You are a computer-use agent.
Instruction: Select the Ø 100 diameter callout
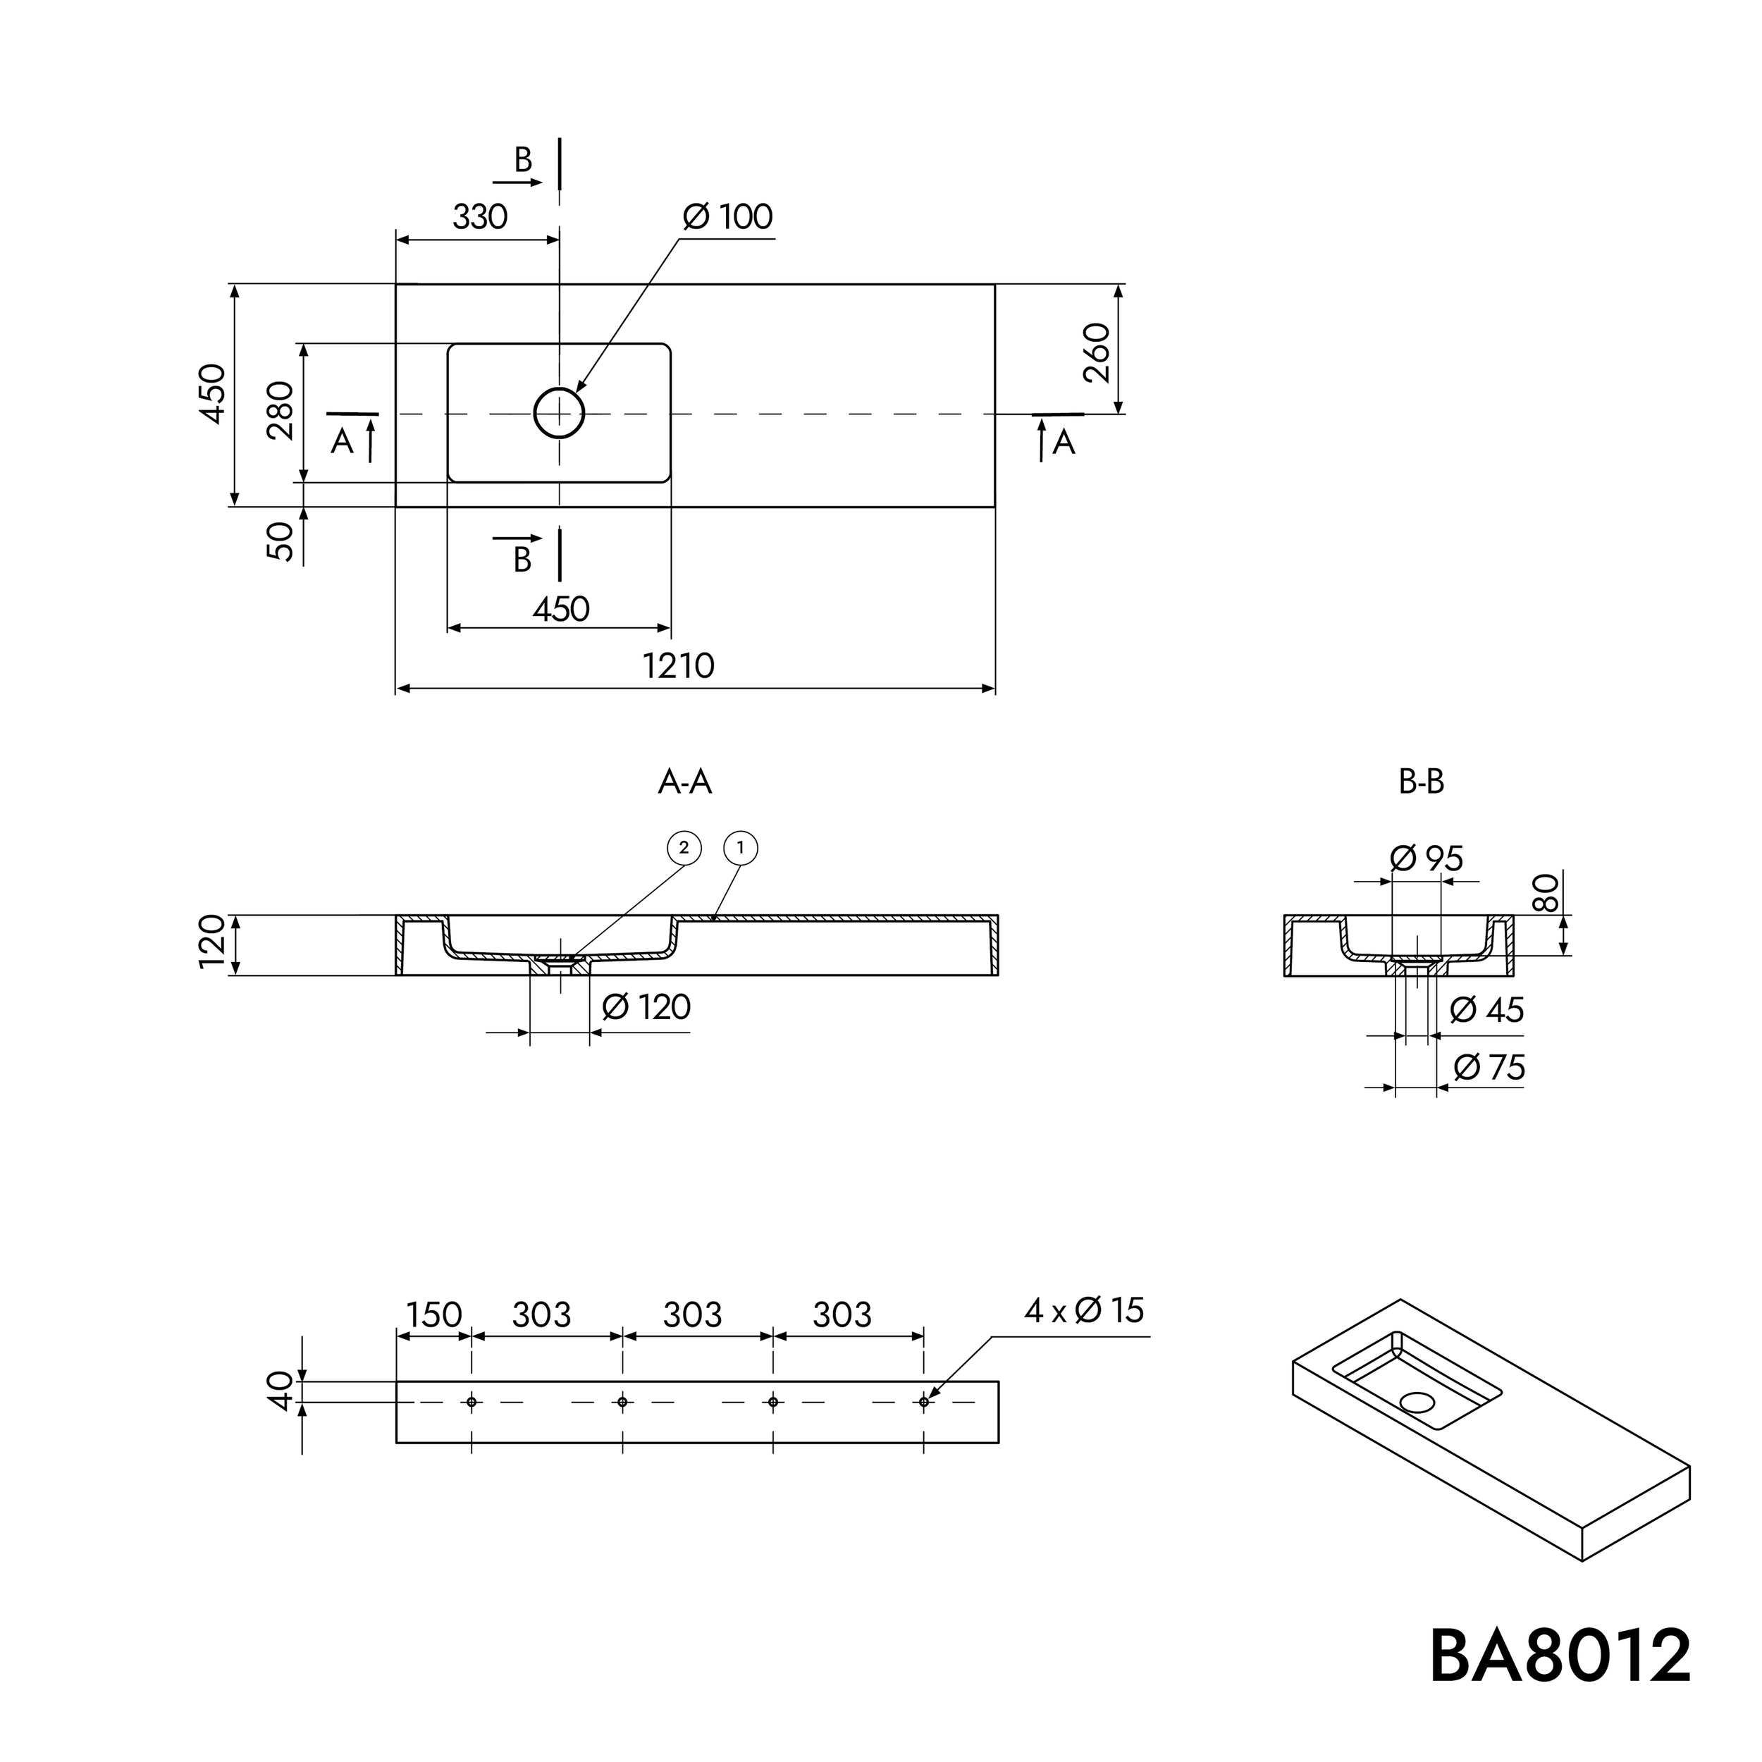pos(728,217)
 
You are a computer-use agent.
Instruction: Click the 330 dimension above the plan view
pos(480,217)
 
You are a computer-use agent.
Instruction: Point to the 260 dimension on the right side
pos(1098,353)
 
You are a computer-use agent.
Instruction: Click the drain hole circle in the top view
pos(558,413)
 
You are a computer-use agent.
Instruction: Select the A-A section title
pos(684,782)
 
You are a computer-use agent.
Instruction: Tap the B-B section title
pos(1421,782)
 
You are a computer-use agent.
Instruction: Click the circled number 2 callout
pos(684,848)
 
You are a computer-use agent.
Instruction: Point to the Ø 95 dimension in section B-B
pos(1427,858)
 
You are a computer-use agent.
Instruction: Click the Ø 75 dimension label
pos(1489,1068)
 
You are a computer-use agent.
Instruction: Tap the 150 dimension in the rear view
pos(433,1315)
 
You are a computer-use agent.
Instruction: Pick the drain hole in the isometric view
pos(1417,1402)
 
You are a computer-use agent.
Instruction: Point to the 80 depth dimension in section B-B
pos(1544,893)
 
